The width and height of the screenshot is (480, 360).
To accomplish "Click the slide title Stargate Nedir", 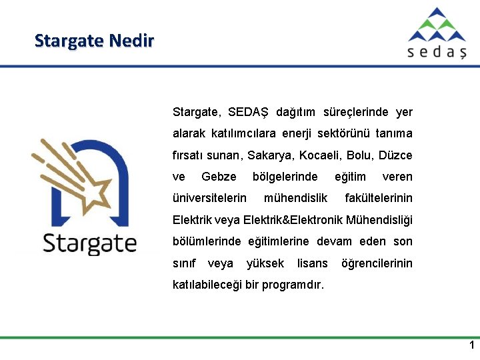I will pyautogui.click(x=94, y=41).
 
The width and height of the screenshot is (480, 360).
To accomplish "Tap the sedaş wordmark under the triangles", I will pyautogui.click(x=437, y=52).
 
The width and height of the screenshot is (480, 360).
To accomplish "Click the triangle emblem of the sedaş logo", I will pyautogui.click(x=437, y=25).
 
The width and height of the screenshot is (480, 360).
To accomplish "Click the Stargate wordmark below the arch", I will pyautogui.click(x=89, y=243).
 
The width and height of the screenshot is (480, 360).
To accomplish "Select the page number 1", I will pyautogui.click(x=471, y=345).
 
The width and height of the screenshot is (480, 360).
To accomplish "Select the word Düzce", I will pyautogui.click(x=395, y=155).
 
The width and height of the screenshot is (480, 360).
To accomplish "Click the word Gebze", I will pyautogui.click(x=219, y=177).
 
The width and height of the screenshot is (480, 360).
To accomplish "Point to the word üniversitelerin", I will pyautogui.click(x=209, y=198).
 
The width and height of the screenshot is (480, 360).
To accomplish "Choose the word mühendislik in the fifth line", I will pyautogui.click(x=295, y=198).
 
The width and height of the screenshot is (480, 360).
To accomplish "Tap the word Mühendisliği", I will pyautogui.click(x=379, y=220).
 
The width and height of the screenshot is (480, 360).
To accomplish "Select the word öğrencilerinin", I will pyautogui.click(x=377, y=263).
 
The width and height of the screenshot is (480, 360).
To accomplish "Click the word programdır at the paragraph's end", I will pyautogui.click(x=293, y=285).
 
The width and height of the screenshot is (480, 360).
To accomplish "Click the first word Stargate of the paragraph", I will pyautogui.click(x=196, y=112).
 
